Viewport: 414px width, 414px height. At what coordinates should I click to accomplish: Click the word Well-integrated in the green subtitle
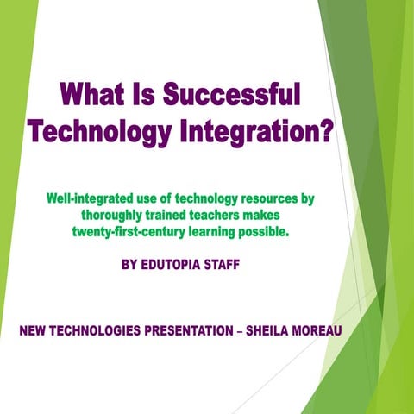click(94, 199)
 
